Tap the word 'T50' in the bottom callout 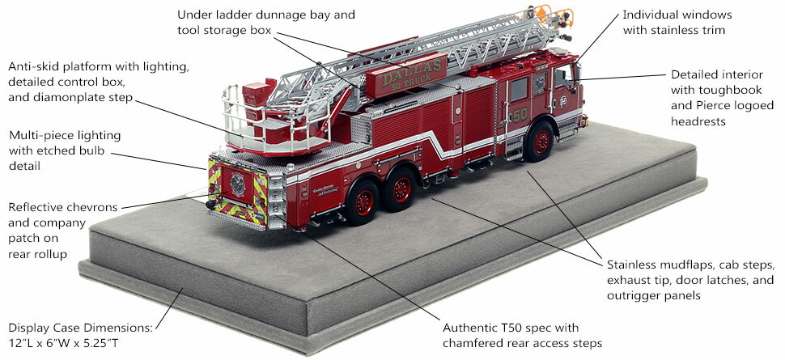[508, 328]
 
